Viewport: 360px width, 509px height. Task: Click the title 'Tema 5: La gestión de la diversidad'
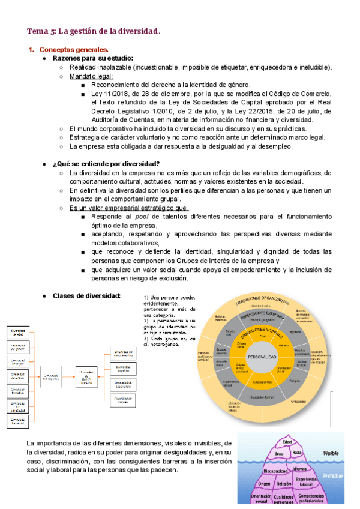point(94,31)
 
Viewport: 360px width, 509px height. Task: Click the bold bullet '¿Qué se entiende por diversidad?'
point(106,164)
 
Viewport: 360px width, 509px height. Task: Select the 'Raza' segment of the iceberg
point(296,454)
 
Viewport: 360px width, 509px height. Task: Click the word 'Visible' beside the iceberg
point(331,453)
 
